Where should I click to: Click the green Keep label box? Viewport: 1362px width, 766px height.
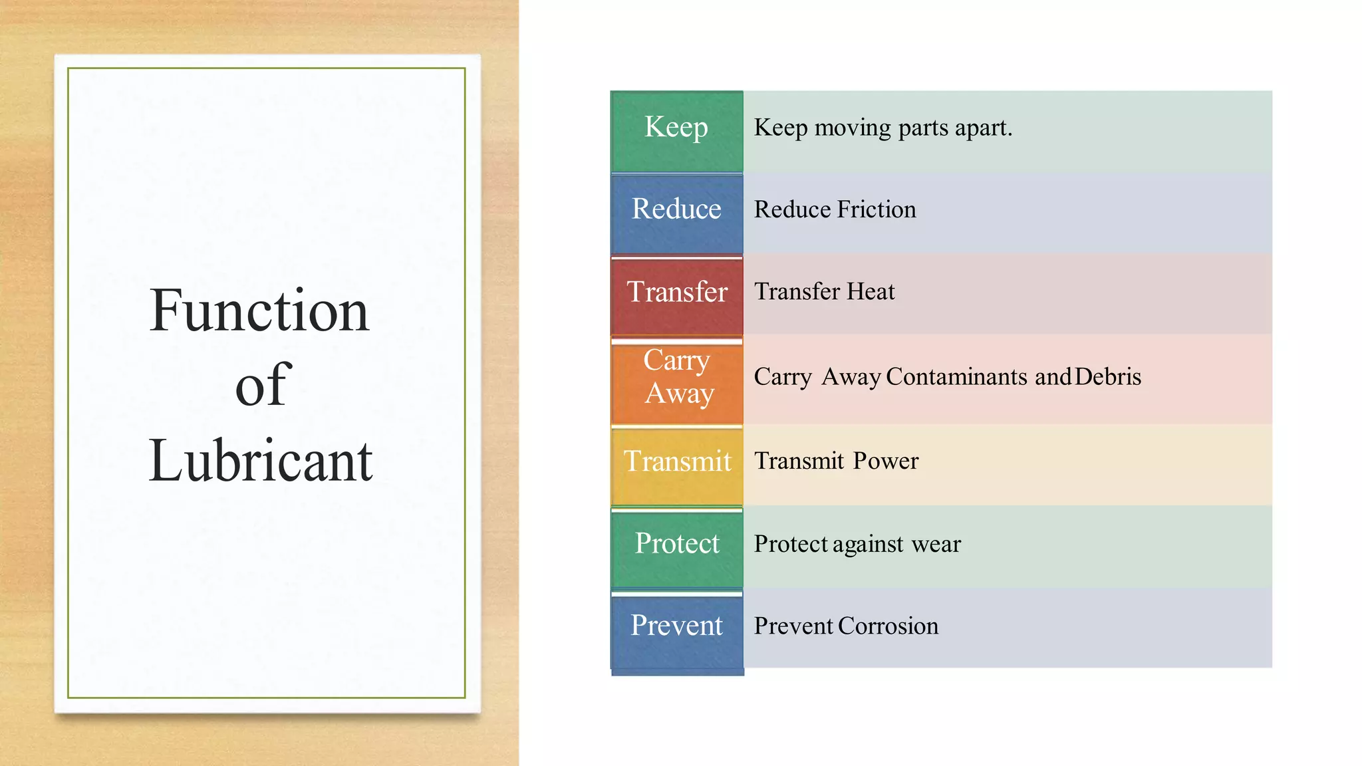[676, 131]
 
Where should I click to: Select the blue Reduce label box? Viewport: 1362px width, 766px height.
[676, 213]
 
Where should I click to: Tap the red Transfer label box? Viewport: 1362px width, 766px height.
[676, 295]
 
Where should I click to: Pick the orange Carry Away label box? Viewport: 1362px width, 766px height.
[676, 380]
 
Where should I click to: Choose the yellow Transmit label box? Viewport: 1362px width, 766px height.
[676, 464]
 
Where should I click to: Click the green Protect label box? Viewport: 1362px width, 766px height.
[676, 547]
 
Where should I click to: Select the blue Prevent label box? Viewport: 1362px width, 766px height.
[676, 629]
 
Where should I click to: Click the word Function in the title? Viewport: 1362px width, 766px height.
[259, 311]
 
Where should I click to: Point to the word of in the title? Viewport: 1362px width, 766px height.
[263, 386]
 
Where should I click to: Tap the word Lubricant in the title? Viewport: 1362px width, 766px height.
[261, 461]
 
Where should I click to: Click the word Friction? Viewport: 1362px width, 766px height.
[877, 210]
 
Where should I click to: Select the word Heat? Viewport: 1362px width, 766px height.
[871, 292]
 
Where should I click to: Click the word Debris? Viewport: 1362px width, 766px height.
[1108, 377]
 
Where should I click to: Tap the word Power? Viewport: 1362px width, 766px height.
[886, 461]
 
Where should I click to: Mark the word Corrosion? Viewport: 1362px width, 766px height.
[888, 626]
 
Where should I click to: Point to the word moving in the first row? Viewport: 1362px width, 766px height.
[853, 128]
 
